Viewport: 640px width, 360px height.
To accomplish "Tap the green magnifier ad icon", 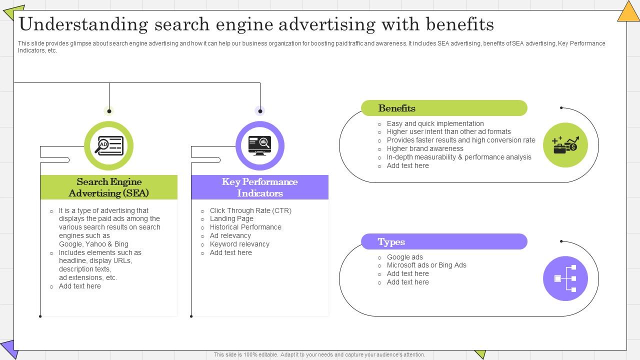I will (x=109, y=145).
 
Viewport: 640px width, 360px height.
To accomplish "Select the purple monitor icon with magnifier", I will (x=260, y=145).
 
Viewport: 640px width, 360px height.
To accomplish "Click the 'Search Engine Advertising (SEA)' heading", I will (x=109, y=187).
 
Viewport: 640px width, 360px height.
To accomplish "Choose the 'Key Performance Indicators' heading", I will (x=260, y=187).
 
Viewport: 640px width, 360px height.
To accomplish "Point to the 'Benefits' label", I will (x=397, y=108).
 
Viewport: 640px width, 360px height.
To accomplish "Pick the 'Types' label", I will (x=391, y=241).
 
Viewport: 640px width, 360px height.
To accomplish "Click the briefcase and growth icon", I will (x=565, y=145).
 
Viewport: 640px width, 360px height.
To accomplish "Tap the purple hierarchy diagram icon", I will (x=565, y=278).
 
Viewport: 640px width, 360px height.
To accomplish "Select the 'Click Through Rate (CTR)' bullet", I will (x=250, y=210).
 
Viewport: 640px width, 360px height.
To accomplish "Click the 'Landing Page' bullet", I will (x=231, y=218).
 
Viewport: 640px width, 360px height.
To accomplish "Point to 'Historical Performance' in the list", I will (x=245, y=227).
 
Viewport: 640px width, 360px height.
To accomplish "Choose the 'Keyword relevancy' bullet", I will (x=239, y=244).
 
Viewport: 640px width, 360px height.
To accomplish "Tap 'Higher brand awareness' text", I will (x=425, y=148).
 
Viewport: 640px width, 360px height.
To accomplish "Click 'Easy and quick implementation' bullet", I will (x=435, y=123).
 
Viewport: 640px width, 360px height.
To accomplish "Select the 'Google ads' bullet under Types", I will (x=405, y=257).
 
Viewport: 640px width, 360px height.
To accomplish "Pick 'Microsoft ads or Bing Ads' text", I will (x=426, y=265).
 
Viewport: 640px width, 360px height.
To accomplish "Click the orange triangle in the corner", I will (x=628, y=11).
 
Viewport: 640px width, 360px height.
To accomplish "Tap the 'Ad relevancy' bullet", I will (x=230, y=235).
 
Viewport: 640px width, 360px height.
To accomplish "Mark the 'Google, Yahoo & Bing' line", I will (x=93, y=244).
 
